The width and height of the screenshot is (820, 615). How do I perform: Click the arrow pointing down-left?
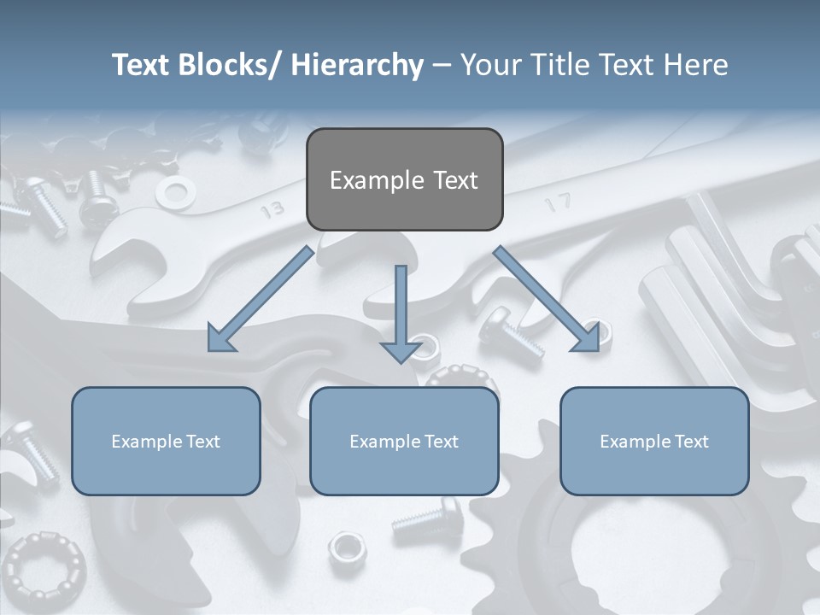[260, 300]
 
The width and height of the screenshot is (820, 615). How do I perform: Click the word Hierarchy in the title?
[357, 65]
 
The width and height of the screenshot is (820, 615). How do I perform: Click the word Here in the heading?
[695, 65]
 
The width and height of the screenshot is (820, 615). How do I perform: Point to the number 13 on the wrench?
[273, 208]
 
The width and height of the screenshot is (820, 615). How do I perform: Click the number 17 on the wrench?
[556, 203]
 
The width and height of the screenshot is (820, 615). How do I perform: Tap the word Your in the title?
[489, 65]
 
